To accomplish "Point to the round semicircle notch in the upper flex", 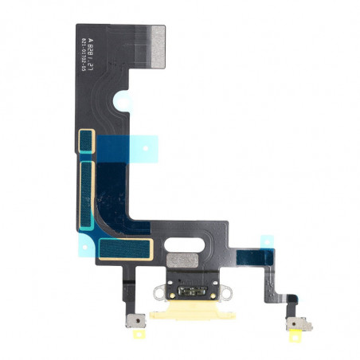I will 126,101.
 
